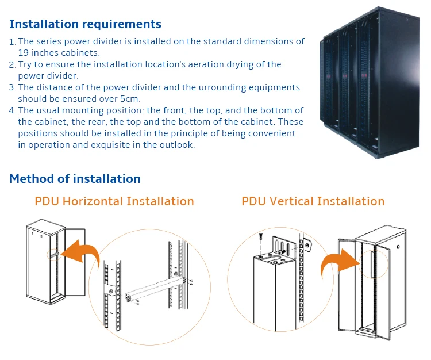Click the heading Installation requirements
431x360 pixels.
click(85, 24)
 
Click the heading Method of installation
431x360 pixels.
click(75, 179)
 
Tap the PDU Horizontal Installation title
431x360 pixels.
click(114, 201)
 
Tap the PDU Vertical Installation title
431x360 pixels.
click(313, 201)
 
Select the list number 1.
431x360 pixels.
click(13, 42)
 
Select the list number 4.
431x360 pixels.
click(13, 110)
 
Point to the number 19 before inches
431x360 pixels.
click(23, 53)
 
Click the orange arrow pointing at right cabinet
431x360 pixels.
click(340, 261)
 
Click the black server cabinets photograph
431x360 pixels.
click(370, 82)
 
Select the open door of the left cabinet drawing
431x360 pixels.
click(75, 262)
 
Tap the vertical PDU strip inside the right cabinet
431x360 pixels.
click(373, 264)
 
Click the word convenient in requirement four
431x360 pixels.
click(272, 133)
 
